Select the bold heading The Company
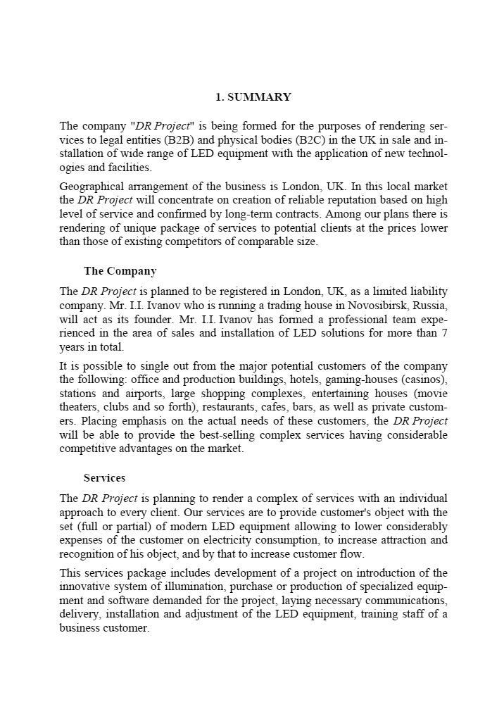click(x=120, y=271)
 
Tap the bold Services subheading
click(x=104, y=478)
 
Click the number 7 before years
click(x=445, y=333)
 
